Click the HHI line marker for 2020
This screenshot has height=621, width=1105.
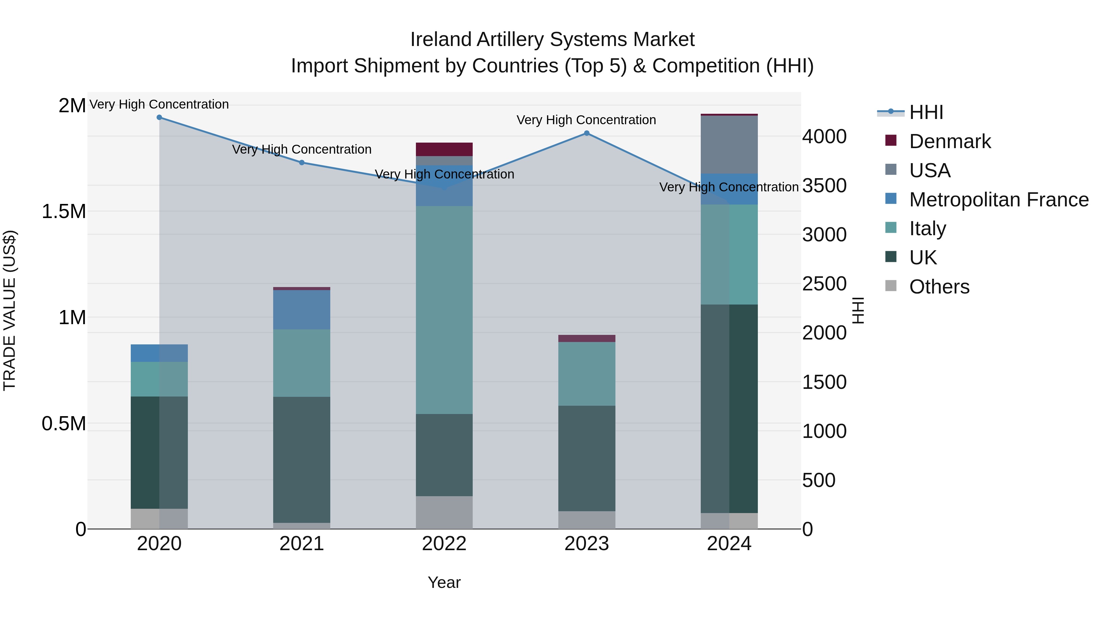point(159,117)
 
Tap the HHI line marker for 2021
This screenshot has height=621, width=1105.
point(301,163)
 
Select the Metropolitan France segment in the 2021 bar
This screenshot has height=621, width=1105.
point(301,309)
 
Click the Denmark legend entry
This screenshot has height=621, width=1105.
point(950,141)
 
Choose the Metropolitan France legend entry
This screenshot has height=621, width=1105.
point(998,200)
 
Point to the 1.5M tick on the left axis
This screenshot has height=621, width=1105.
point(64,211)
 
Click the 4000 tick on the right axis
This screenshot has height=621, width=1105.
point(824,137)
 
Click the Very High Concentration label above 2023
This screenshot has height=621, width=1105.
point(586,120)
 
